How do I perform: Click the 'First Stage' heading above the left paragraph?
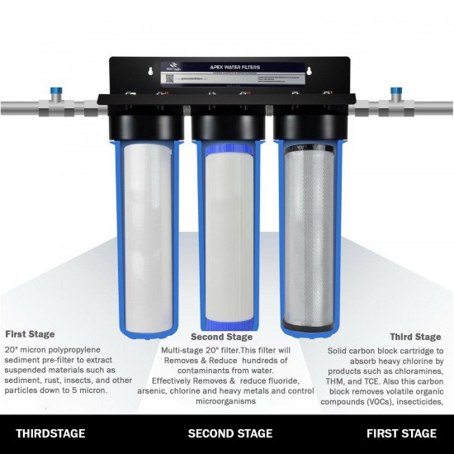31,334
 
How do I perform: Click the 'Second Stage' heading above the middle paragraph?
220,338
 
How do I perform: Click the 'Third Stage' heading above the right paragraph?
416,337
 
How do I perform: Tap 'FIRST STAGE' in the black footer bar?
401,433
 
